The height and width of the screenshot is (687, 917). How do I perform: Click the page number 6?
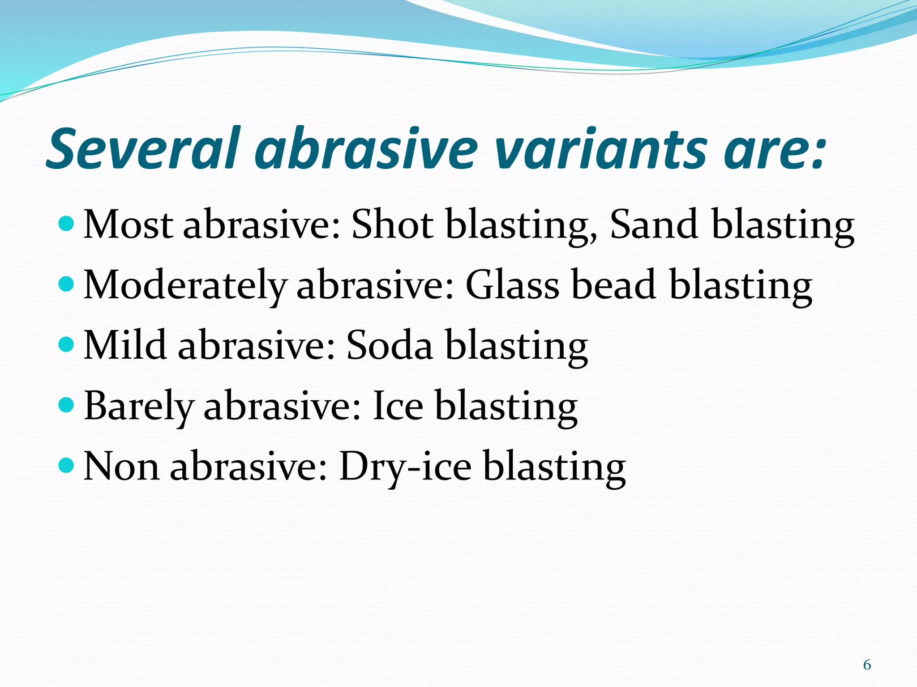pos(867,665)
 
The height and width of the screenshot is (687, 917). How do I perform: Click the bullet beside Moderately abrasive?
pos(66,284)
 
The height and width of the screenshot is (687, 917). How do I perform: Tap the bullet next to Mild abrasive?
pos(66,344)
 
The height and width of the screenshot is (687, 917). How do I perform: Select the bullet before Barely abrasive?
pos(66,405)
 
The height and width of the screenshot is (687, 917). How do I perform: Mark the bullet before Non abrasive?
pos(66,465)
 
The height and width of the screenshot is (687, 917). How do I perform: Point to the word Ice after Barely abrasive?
pos(398,406)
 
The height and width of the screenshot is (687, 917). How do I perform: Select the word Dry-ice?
pos(405,467)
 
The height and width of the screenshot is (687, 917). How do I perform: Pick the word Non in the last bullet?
pos(121,466)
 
